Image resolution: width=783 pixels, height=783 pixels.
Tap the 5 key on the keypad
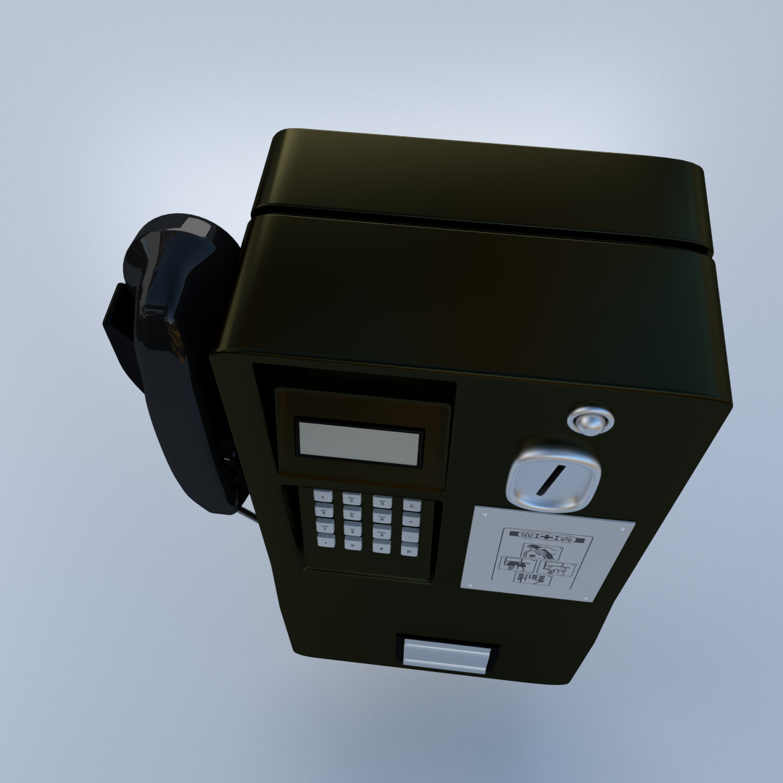[x=352, y=514]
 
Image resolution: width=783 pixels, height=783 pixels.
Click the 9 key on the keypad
[x=381, y=533]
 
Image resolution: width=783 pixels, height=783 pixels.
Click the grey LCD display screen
[x=360, y=442]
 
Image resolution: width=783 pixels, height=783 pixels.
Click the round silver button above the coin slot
[x=591, y=420]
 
